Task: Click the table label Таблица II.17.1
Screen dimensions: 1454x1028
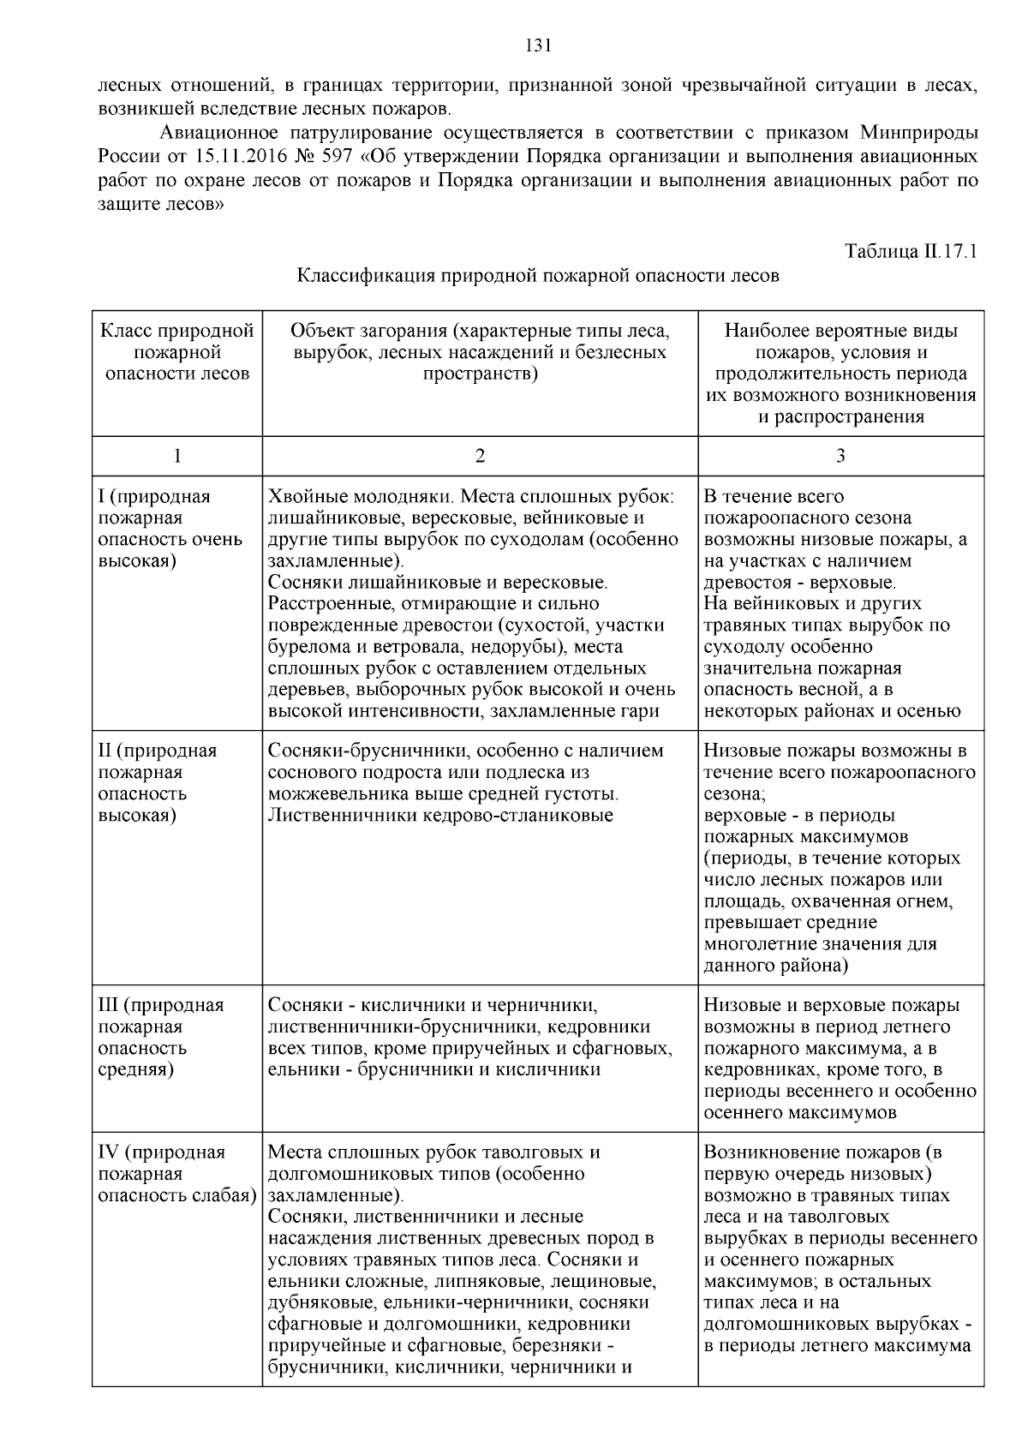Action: pyautogui.click(x=911, y=252)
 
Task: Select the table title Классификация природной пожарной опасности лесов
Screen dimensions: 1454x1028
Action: pyautogui.click(x=538, y=276)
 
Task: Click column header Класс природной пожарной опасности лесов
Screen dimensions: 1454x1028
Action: pyautogui.click(x=177, y=352)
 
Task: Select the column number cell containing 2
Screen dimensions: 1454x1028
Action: pyautogui.click(x=480, y=456)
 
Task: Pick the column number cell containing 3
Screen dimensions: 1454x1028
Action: pyautogui.click(x=840, y=456)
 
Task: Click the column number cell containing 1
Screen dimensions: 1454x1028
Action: pyautogui.click(x=177, y=456)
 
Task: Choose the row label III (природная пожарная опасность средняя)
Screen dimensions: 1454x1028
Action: pyautogui.click(x=160, y=1037)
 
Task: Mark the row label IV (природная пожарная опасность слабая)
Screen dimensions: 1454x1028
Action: pyautogui.click(x=177, y=1174)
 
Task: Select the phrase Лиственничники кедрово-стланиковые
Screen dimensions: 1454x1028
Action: pyautogui.click(x=440, y=815)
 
